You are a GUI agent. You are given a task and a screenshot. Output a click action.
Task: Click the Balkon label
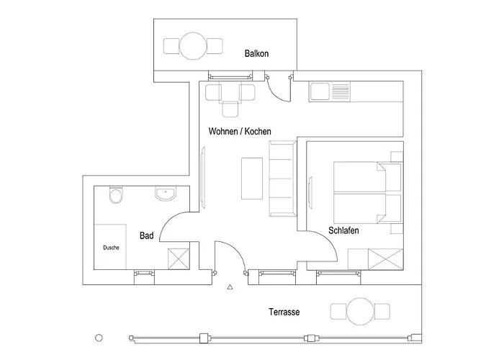[x=256, y=53]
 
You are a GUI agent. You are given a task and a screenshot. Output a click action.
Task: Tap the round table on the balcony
[x=193, y=46]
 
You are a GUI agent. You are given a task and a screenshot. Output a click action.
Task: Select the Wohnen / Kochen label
[x=240, y=131]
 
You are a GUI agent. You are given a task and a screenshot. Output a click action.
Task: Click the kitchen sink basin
[x=320, y=91]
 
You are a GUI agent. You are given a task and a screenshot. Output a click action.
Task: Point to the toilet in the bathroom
[x=116, y=195]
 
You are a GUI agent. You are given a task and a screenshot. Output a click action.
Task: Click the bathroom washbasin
[x=165, y=194]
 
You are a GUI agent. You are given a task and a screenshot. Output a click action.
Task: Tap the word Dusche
[x=111, y=248]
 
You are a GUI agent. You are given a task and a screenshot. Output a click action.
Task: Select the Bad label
[x=147, y=235]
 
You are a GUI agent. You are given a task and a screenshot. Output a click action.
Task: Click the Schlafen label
[x=343, y=230]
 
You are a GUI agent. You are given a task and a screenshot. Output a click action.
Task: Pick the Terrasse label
[x=284, y=312]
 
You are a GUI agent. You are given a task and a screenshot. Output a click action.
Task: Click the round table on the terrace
[x=360, y=312]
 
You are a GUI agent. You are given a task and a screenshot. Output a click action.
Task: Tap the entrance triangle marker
[x=230, y=287]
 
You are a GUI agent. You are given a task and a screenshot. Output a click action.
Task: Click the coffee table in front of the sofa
[x=252, y=179]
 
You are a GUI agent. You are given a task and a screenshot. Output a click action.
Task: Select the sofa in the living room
[x=282, y=179]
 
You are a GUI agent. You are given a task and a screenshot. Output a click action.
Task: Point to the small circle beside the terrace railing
[x=99, y=338]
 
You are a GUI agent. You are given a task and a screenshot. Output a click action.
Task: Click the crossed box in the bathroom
[x=179, y=259]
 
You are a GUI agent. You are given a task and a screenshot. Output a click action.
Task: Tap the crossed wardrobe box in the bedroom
[x=386, y=259]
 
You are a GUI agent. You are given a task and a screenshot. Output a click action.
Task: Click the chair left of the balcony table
[x=171, y=46]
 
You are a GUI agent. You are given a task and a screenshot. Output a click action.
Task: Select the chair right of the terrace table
[x=382, y=312]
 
